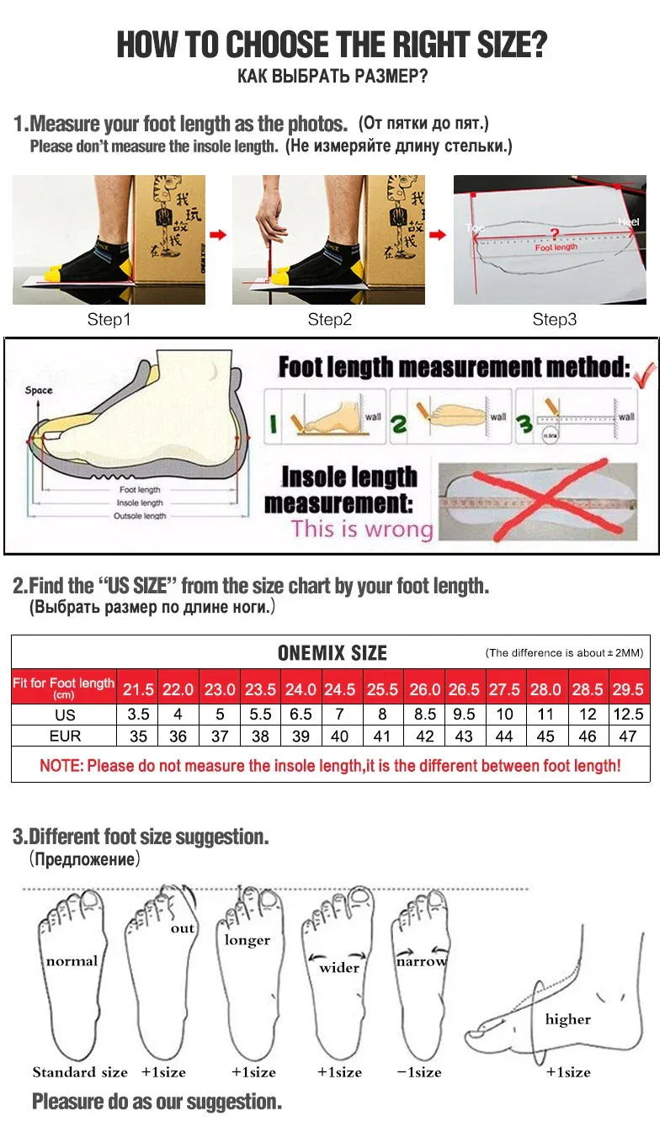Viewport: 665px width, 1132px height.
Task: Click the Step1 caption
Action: (x=109, y=320)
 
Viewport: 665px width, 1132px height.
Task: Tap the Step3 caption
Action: (x=555, y=320)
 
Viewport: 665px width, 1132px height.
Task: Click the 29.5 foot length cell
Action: (x=628, y=689)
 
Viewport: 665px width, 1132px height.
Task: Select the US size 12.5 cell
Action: (x=628, y=714)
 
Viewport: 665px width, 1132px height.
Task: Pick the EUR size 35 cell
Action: (x=138, y=736)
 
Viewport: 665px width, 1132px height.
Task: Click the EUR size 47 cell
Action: (x=628, y=736)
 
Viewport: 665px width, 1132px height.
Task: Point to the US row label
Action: (x=65, y=715)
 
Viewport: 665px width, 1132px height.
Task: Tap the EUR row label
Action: (x=65, y=736)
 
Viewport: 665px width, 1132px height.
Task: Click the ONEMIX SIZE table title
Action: (x=332, y=653)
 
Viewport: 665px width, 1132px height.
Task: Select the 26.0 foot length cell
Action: (x=424, y=689)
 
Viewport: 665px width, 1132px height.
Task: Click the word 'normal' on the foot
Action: (x=72, y=961)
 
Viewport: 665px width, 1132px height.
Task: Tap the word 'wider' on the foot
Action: (x=339, y=968)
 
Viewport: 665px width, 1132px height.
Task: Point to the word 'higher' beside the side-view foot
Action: (x=568, y=1019)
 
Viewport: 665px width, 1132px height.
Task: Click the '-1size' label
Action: (x=420, y=1072)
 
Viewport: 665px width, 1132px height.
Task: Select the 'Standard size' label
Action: (x=80, y=1072)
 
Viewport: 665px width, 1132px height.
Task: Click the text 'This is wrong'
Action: (x=362, y=529)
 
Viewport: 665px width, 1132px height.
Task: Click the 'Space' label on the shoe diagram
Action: (x=39, y=391)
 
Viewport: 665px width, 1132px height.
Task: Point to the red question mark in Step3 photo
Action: (x=554, y=233)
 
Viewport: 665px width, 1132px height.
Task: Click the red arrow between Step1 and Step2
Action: (x=218, y=235)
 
